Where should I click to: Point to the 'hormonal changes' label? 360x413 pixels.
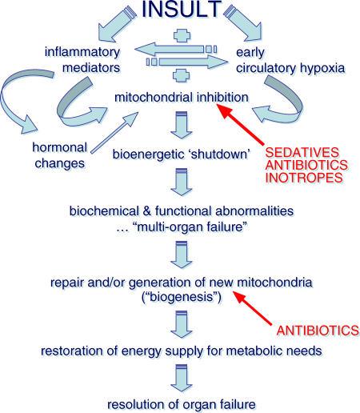tap(58, 157)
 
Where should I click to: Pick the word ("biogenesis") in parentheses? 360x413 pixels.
tap(180, 295)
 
